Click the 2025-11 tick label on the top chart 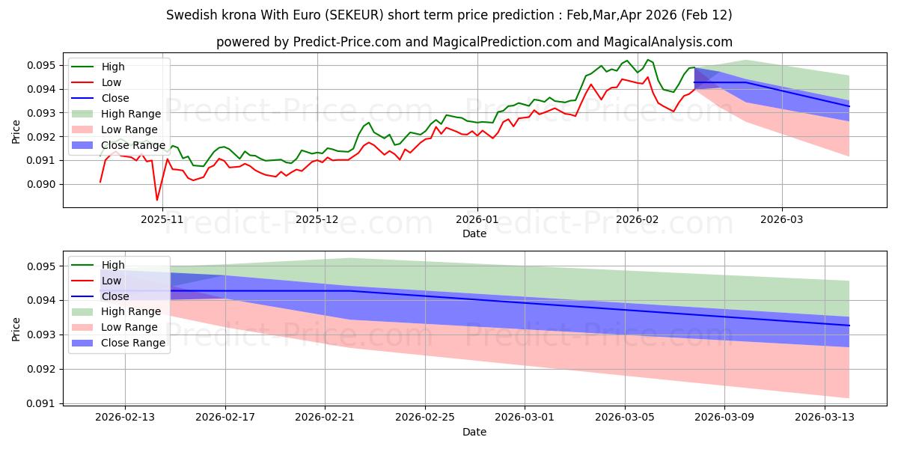[x=162, y=220]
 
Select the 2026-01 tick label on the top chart [x=477, y=220]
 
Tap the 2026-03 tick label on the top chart [x=782, y=220]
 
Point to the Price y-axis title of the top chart [x=16, y=132]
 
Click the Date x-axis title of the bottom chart [x=474, y=432]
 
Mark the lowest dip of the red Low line [x=156, y=200]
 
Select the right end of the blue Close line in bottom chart [x=849, y=326]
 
